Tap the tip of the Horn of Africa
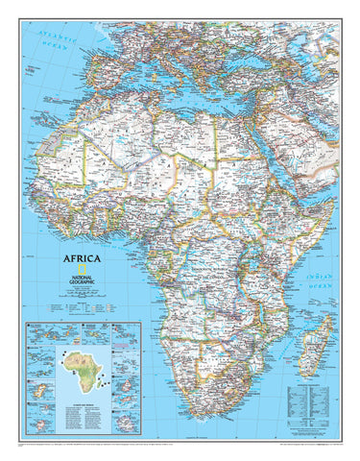pyautogui.click(x=331, y=196)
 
